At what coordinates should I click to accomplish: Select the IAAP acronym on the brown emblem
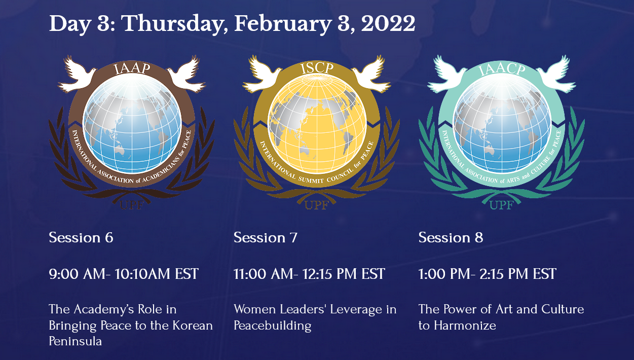click(132, 68)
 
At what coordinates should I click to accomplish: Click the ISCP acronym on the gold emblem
click(317, 68)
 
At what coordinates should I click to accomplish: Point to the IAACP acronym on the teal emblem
click(502, 69)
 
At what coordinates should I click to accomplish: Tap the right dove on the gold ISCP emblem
click(371, 74)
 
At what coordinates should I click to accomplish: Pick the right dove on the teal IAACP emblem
click(556, 74)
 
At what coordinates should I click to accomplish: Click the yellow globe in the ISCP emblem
click(317, 124)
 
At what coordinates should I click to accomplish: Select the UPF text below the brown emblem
click(132, 205)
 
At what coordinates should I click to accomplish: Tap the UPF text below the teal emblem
click(502, 205)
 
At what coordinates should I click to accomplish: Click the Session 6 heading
click(81, 237)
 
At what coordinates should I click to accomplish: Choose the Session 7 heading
click(266, 237)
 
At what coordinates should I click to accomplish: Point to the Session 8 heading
click(451, 237)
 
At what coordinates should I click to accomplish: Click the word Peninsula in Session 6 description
click(76, 341)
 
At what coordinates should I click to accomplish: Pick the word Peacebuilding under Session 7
click(273, 326)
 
